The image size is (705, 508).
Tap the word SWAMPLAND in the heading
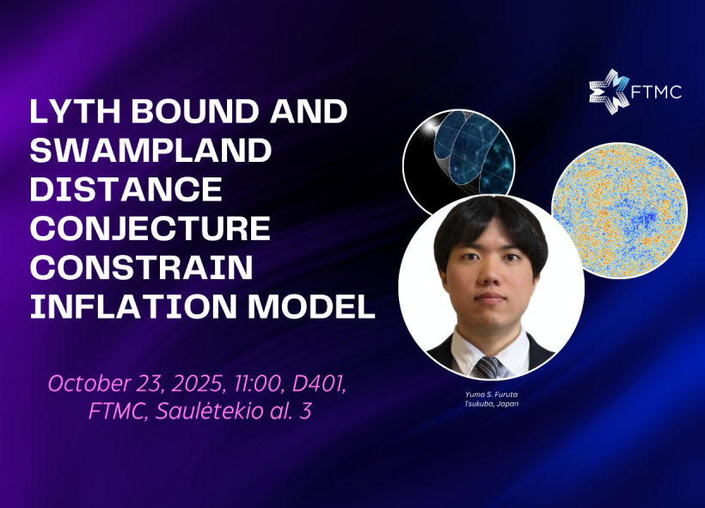[150, 151]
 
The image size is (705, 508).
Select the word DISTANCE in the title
[126, 189]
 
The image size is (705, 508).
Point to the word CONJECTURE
[150, 229]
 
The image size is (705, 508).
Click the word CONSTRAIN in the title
[141, 268]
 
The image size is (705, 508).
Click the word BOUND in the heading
[195, 112]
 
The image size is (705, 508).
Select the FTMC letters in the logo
[657, 92]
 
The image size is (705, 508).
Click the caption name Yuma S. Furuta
[492, 394]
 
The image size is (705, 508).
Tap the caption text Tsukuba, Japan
[492, 404]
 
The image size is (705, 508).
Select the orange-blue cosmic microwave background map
[619, 210]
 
